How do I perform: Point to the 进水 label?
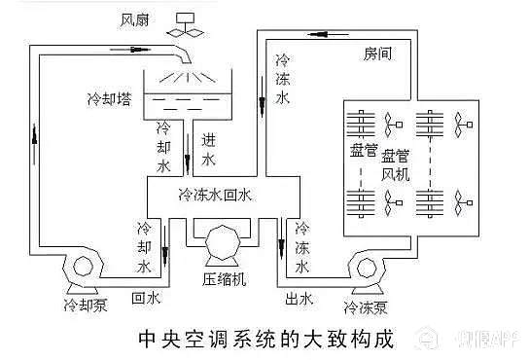point(207,147)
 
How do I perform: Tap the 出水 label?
point(300,297)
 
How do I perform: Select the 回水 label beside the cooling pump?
point(146,297)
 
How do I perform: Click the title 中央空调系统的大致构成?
point(264,340)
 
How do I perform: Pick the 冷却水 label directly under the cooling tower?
point(163,147)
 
